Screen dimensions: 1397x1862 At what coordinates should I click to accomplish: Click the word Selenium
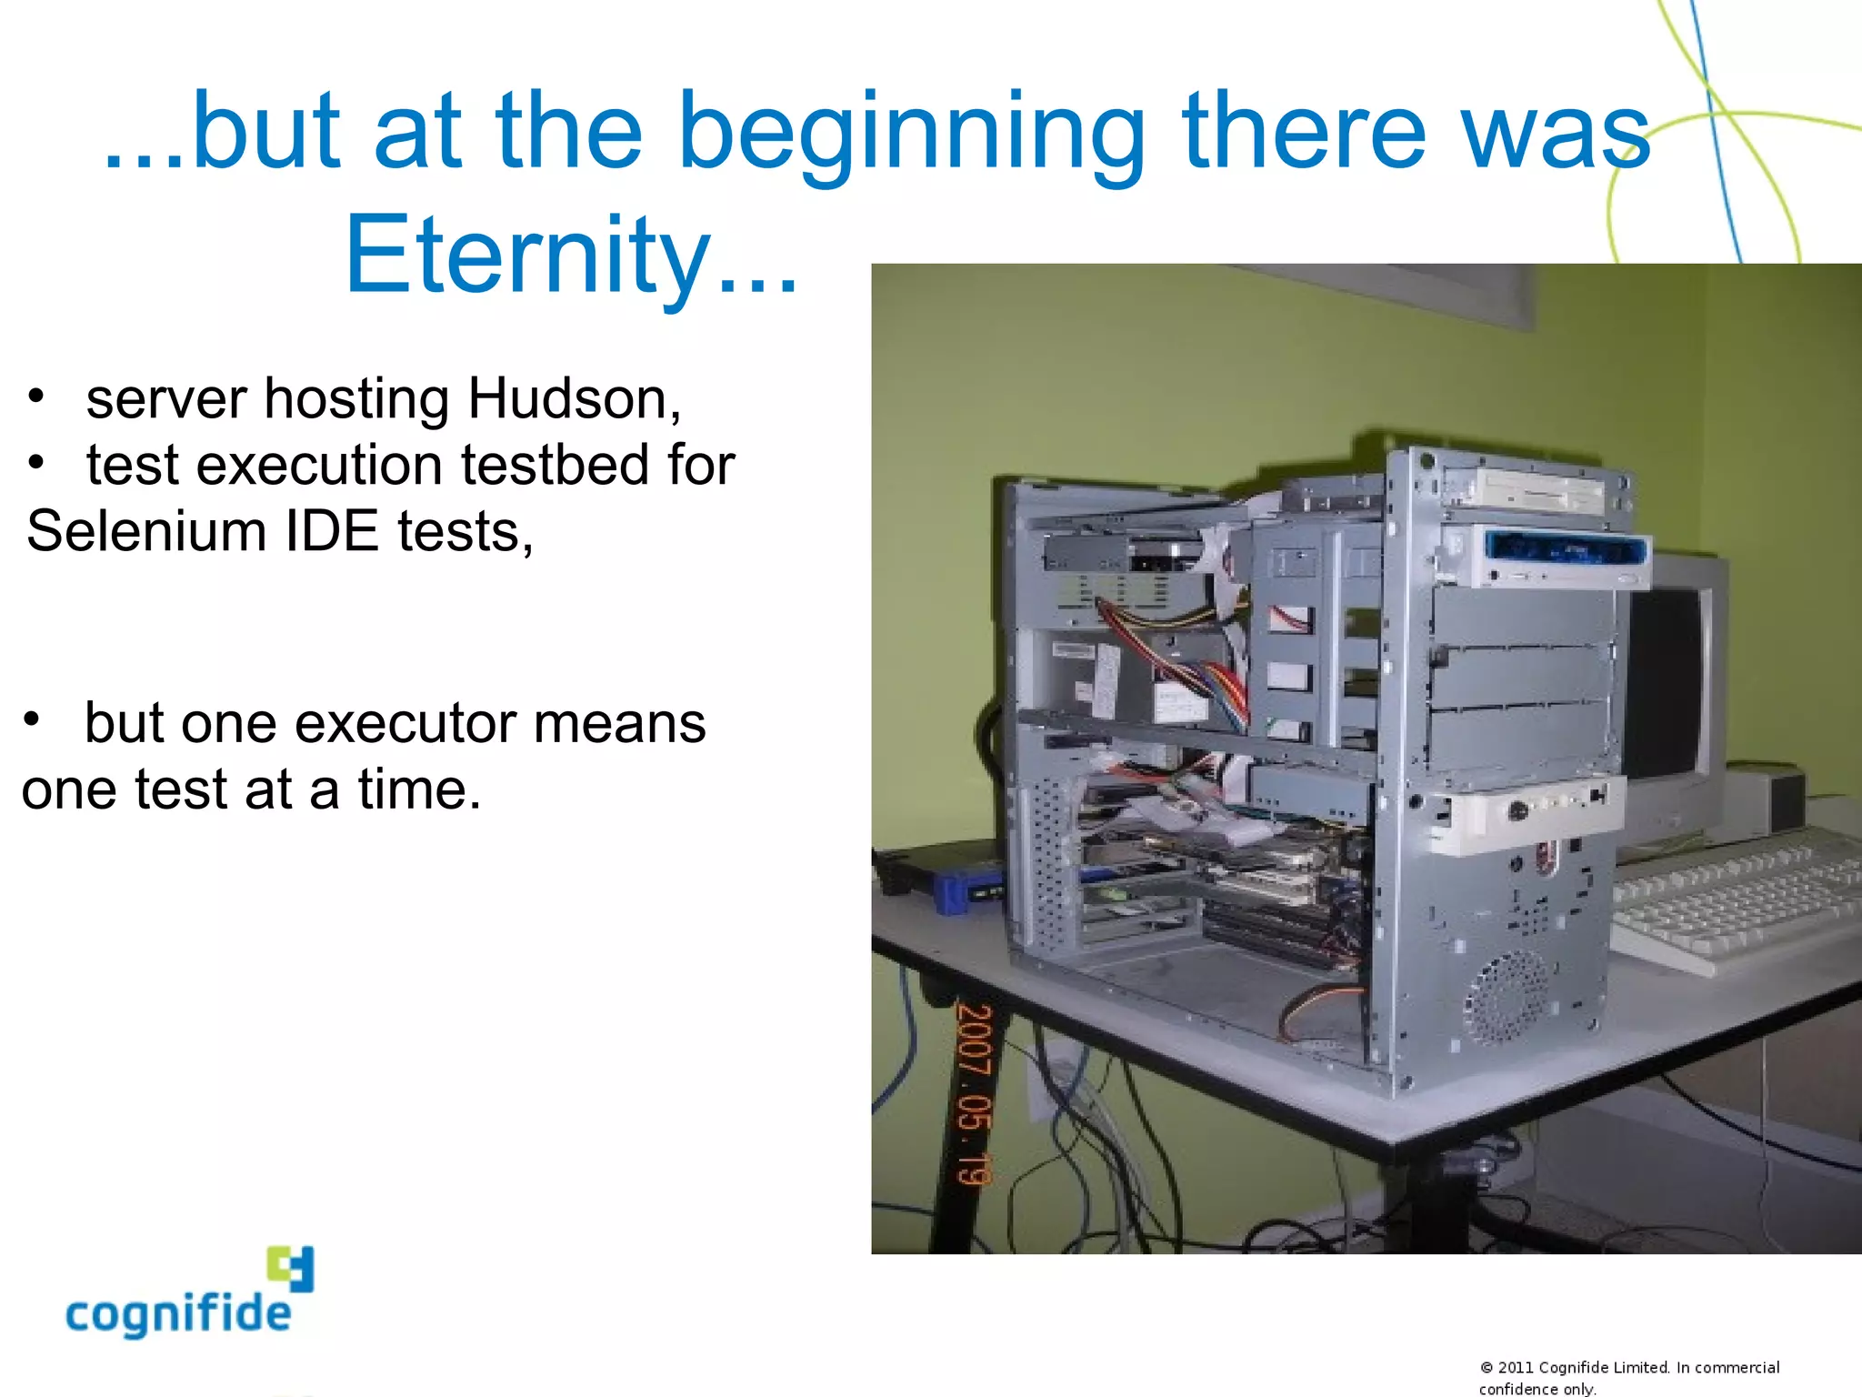[145, 531]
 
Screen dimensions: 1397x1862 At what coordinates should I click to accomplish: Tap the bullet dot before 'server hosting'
[35, 396]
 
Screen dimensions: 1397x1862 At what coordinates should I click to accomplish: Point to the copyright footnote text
[1627, 1377]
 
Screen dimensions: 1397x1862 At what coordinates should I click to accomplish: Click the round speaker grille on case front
[1505, 996]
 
